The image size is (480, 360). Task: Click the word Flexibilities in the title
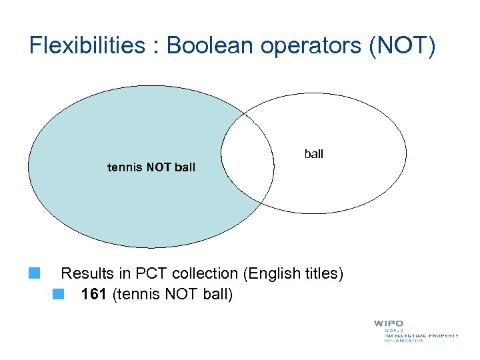(x=87, y=46)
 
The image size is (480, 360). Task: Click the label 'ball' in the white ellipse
(x=313, y=154)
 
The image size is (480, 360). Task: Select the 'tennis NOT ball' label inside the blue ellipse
(x=151, y=167)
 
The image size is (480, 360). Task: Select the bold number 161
(x=94, y=294)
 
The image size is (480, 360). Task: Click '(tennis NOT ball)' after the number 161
(x=173, y=294)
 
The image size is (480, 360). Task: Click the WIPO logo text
(x=389, y=323)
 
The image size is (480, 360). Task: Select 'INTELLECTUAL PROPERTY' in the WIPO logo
(x=421, y=335)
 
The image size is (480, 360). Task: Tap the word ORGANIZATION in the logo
(x=403, y=341)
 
